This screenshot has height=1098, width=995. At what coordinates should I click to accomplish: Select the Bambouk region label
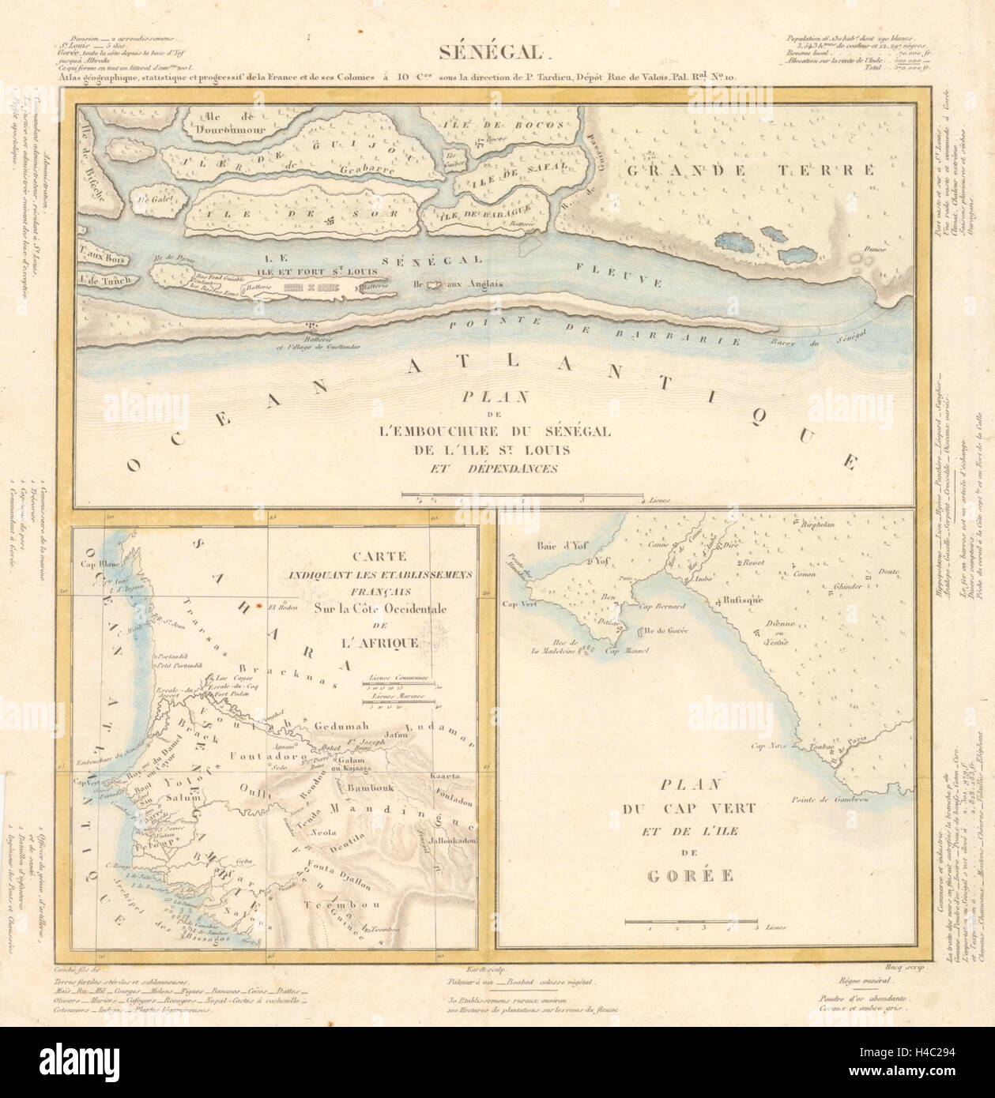coord(367,788)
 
